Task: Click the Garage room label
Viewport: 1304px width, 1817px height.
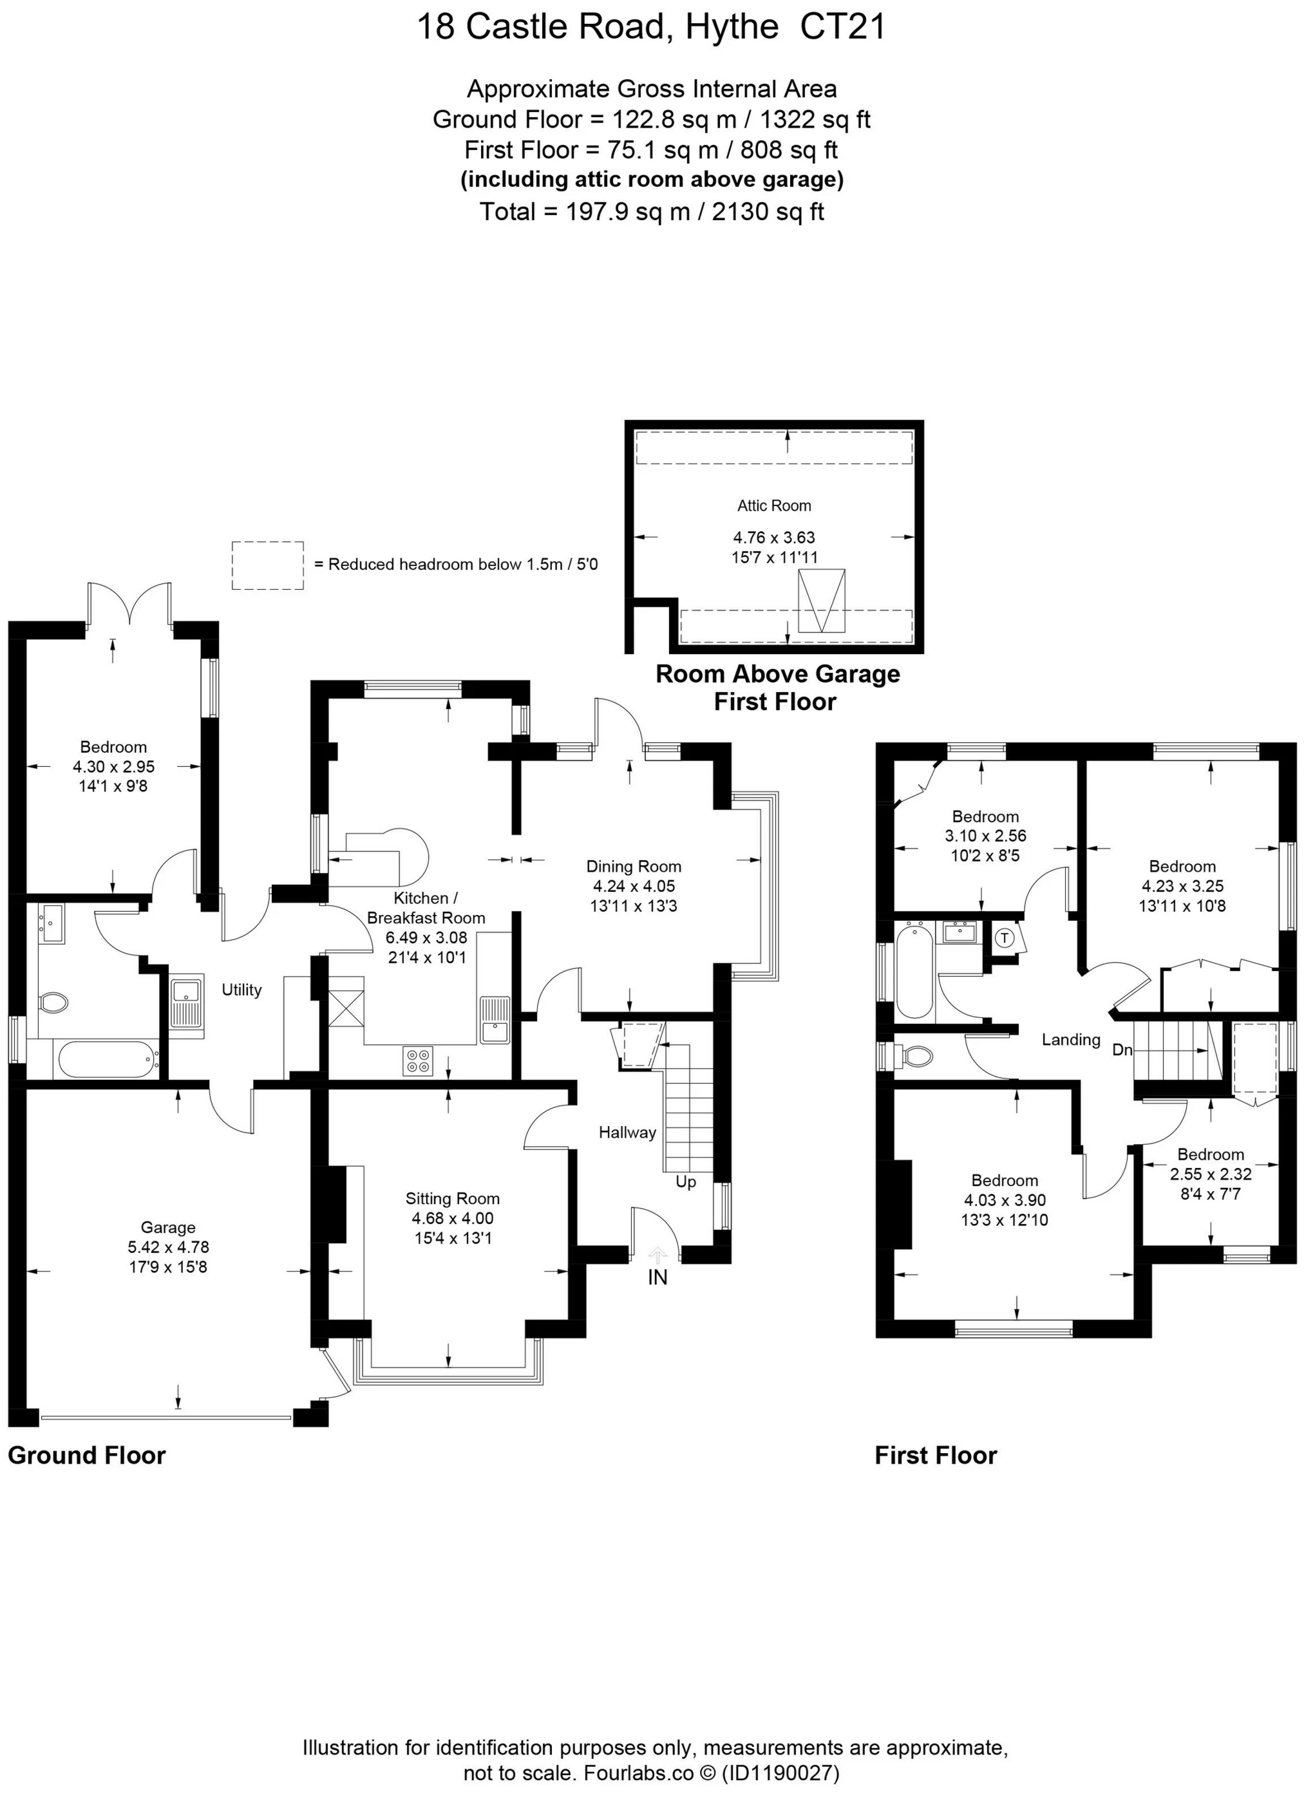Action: click(x=167, y=1227)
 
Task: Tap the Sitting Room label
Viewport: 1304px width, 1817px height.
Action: click(x=452, y=1198)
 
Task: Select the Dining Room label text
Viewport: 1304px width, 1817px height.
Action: click(x=633, y=866)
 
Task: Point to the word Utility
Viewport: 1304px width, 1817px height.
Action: click(x=241, y=990)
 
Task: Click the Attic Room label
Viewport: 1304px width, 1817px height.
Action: click(x=773, y=505)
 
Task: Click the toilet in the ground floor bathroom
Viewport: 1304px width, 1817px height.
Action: click(x=53, y=1003)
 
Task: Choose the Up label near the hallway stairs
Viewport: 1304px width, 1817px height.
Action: click(x=685, y=1182)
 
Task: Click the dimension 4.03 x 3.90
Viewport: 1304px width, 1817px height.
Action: click(x=1005, y=1200)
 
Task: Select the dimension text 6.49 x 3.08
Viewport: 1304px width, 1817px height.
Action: click(x=426, y=937)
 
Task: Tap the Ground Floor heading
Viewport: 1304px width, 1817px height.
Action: click(x=86, y=1456)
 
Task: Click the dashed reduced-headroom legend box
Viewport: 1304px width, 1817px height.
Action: click(x=268, y=565)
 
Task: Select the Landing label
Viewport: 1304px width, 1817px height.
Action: click(x=1071, y=1040)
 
